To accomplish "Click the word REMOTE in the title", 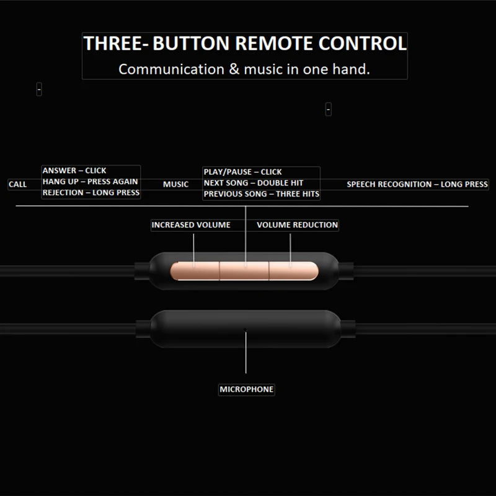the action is click(274, 43).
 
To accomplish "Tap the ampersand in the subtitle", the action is click(234, 69).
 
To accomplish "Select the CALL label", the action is click(18, 184).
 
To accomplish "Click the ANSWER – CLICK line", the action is click(74, 170).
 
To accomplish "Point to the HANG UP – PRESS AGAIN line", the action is click(90, 182).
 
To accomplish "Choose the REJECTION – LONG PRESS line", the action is click(91, 193).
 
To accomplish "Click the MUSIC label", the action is click(176, 184).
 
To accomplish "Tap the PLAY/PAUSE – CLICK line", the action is click(242, 172).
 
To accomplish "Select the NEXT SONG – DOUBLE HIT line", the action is click(254, 183).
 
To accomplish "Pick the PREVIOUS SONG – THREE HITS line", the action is click(262, 194).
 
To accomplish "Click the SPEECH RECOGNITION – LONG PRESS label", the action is click(417, 184).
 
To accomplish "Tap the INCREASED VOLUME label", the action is click(191, 225).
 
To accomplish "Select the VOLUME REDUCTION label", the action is click(298, 225).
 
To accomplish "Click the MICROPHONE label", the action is click(247, 389).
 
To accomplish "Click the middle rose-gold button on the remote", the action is click(244, 271).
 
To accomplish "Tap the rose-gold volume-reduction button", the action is click(293, 271).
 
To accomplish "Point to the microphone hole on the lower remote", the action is click(245, 330).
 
